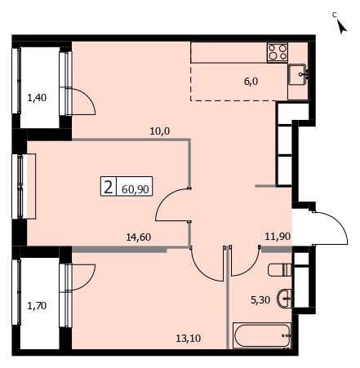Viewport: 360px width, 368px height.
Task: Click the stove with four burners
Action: (278, 52)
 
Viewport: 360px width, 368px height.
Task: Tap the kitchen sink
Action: (298, 74)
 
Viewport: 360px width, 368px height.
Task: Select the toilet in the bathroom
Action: (279, 269)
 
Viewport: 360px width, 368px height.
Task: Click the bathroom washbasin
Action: (284, 299)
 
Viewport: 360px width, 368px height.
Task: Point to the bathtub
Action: (262, 335)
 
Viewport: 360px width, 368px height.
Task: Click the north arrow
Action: (341, 26)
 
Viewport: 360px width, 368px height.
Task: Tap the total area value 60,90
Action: (135, 189)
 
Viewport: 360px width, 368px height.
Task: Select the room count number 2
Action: (109, 187)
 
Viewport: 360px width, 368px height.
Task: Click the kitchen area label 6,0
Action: (251, 81)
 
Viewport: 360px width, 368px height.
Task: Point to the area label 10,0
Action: (160, 131)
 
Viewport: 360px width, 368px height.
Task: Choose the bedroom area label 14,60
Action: (139, 237)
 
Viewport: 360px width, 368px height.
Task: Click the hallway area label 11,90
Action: (278, 236)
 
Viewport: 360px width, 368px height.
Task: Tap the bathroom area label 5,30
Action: (260, 300)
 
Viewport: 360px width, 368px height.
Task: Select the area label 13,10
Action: (189, 339)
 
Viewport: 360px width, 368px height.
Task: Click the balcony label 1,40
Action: (37, 97)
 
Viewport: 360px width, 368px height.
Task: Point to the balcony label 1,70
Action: (37, 306)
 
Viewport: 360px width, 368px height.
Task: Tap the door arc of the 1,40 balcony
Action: (87, 97)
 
